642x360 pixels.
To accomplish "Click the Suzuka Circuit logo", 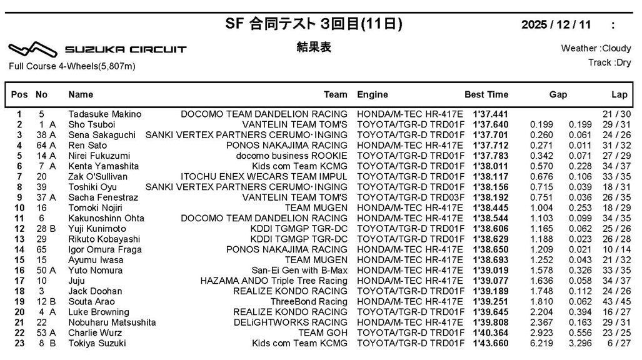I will click(x=97, y=49).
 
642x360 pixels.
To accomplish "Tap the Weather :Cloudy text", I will click(x=596, y=48).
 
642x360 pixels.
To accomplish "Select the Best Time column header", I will click(x=486, y=94).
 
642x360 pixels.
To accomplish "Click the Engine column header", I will click(x=372, y=94).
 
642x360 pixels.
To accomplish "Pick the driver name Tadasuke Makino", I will click(x=104, y=114).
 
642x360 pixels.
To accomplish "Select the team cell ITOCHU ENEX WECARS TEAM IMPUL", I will click(x=264, y=177).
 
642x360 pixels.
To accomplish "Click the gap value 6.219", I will click(x=541, y=343).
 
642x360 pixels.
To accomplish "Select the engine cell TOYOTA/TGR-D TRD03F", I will click(x=409, y=197).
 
